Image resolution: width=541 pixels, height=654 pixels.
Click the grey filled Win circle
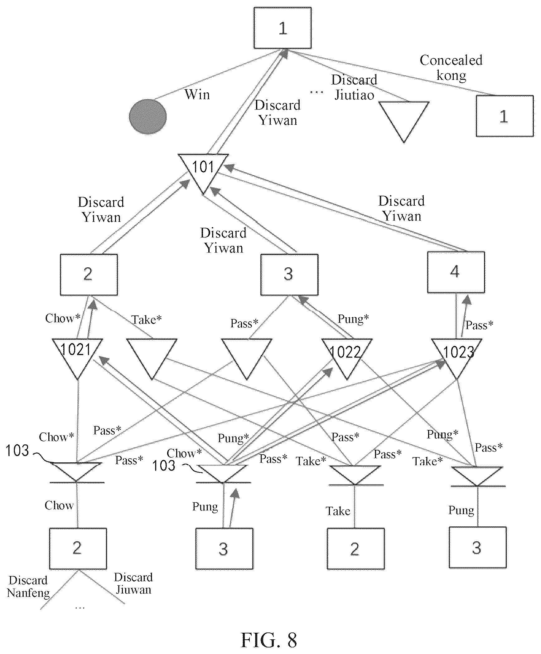click(148, 116)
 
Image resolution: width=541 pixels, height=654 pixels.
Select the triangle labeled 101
click(203, 172)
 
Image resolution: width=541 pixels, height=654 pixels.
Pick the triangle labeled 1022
click(347, 357)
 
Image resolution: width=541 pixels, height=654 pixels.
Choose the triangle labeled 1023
click(457, 357)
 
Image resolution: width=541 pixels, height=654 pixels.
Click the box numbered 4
click(456, 272)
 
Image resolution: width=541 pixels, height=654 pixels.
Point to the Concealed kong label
click(451, 68)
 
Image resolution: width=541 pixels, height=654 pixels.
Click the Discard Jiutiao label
click(354, 87)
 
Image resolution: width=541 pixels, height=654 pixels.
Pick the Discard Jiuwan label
click(133, 584)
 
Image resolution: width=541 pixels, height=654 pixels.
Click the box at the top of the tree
click(283, 28)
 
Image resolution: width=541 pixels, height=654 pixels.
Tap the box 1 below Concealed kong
click(505, 116)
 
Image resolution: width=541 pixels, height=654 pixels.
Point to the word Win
click(197, 94)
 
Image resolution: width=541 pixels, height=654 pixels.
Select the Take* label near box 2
click(146, 320)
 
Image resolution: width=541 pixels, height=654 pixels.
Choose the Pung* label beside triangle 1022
click(353, 319)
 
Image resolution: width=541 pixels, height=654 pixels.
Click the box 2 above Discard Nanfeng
click(78, 549)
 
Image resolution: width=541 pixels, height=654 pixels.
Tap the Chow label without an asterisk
click(59, 505)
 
